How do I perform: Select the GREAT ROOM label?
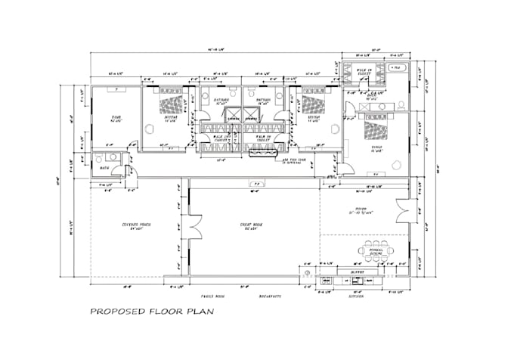[252, 225]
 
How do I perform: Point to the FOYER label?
[361, 209]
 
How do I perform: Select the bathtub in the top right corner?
[397, 68]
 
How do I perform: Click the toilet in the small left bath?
[98, 159]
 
